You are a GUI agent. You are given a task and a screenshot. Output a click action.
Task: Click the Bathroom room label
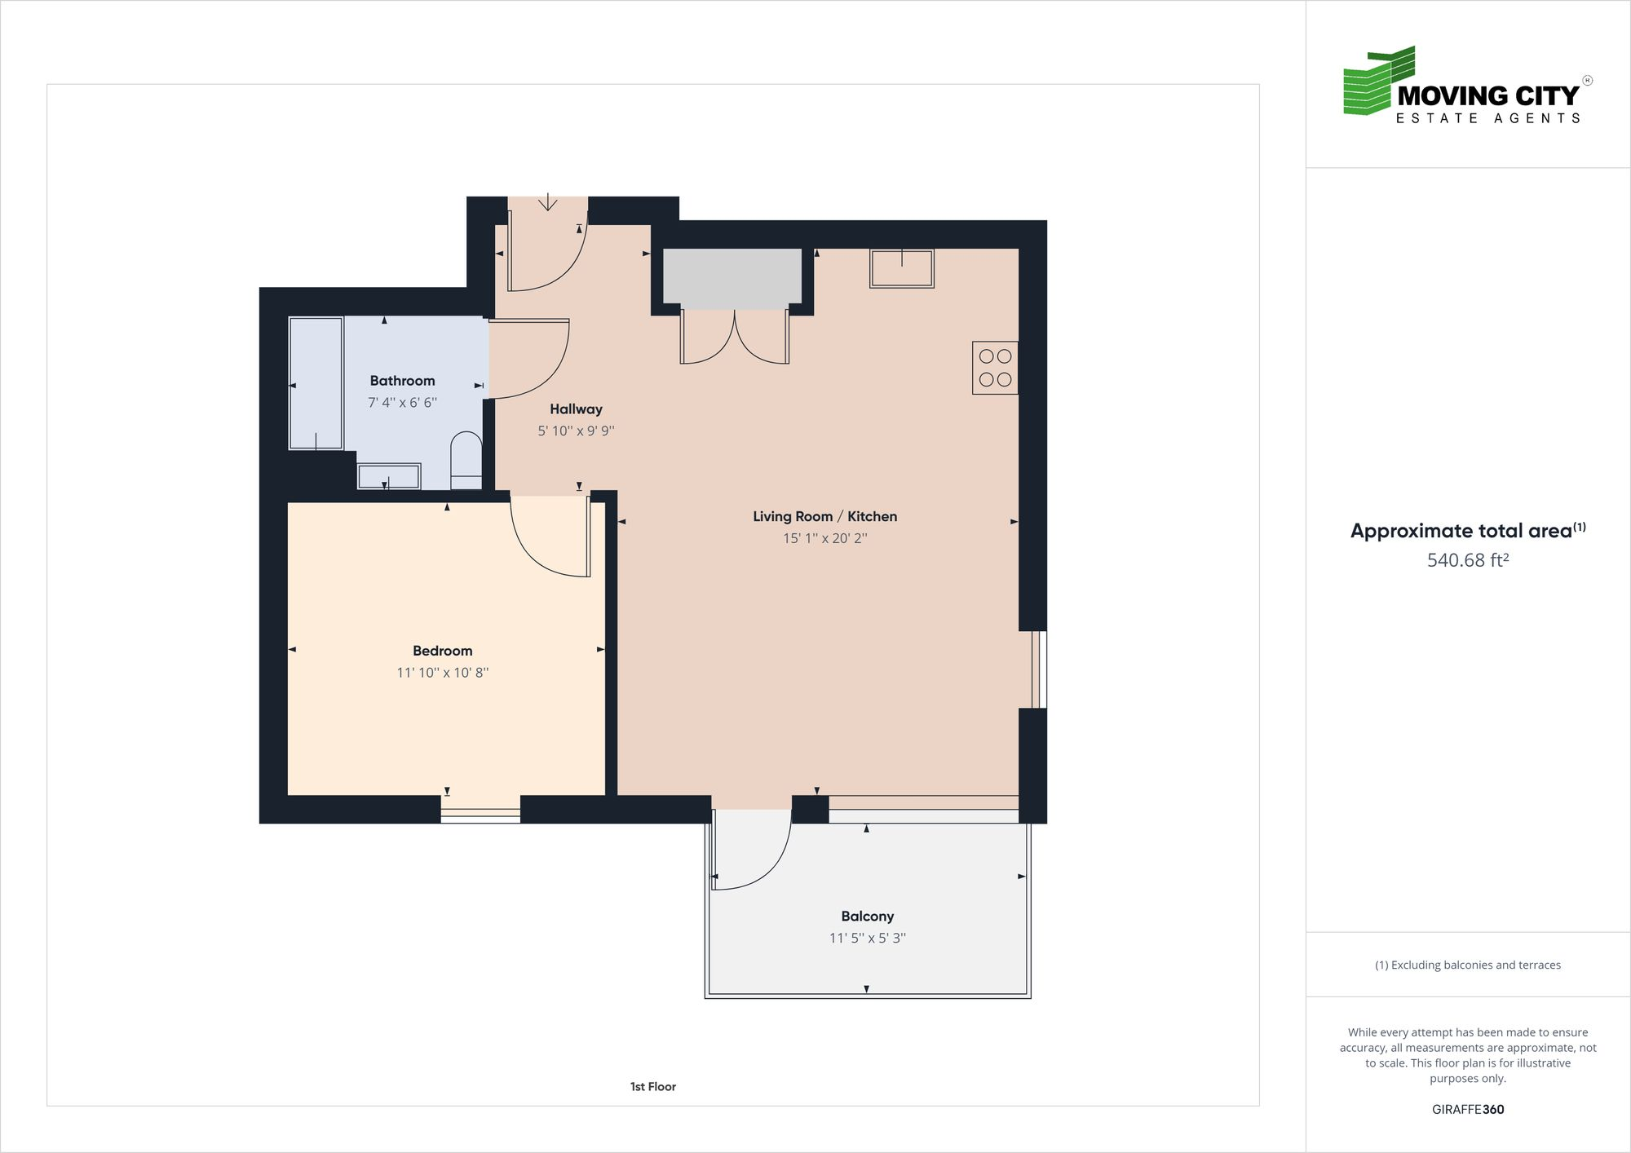(402, 381)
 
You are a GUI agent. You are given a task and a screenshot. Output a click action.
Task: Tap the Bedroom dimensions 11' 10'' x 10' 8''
(442, 673)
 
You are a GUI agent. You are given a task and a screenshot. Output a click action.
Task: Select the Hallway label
(576, 409)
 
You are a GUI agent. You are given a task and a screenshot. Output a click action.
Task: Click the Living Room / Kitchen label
(824, 516)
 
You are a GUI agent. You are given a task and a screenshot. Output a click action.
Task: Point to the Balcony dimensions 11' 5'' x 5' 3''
(867, 938)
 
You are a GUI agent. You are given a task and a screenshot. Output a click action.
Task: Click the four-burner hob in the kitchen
(995, 368)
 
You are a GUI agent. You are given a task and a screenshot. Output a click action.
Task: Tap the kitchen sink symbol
(901, 269)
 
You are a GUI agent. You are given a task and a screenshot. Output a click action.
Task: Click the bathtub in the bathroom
(316, 383)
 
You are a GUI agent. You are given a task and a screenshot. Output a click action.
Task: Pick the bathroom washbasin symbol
(389, 476)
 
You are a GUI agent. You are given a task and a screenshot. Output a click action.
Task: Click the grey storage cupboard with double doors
(732, 277)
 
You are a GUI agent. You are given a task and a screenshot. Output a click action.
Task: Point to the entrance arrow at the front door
(547, 201)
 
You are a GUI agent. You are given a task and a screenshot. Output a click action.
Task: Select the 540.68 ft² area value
(1467, 560)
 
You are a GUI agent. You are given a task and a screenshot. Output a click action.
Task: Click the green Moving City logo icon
(1378, 82)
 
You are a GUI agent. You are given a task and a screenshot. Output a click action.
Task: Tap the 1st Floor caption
(652, 1086)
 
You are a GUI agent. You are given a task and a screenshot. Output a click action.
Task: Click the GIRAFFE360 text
(1467, 1109)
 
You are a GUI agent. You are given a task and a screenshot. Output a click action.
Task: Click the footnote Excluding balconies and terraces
(1467, 965)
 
